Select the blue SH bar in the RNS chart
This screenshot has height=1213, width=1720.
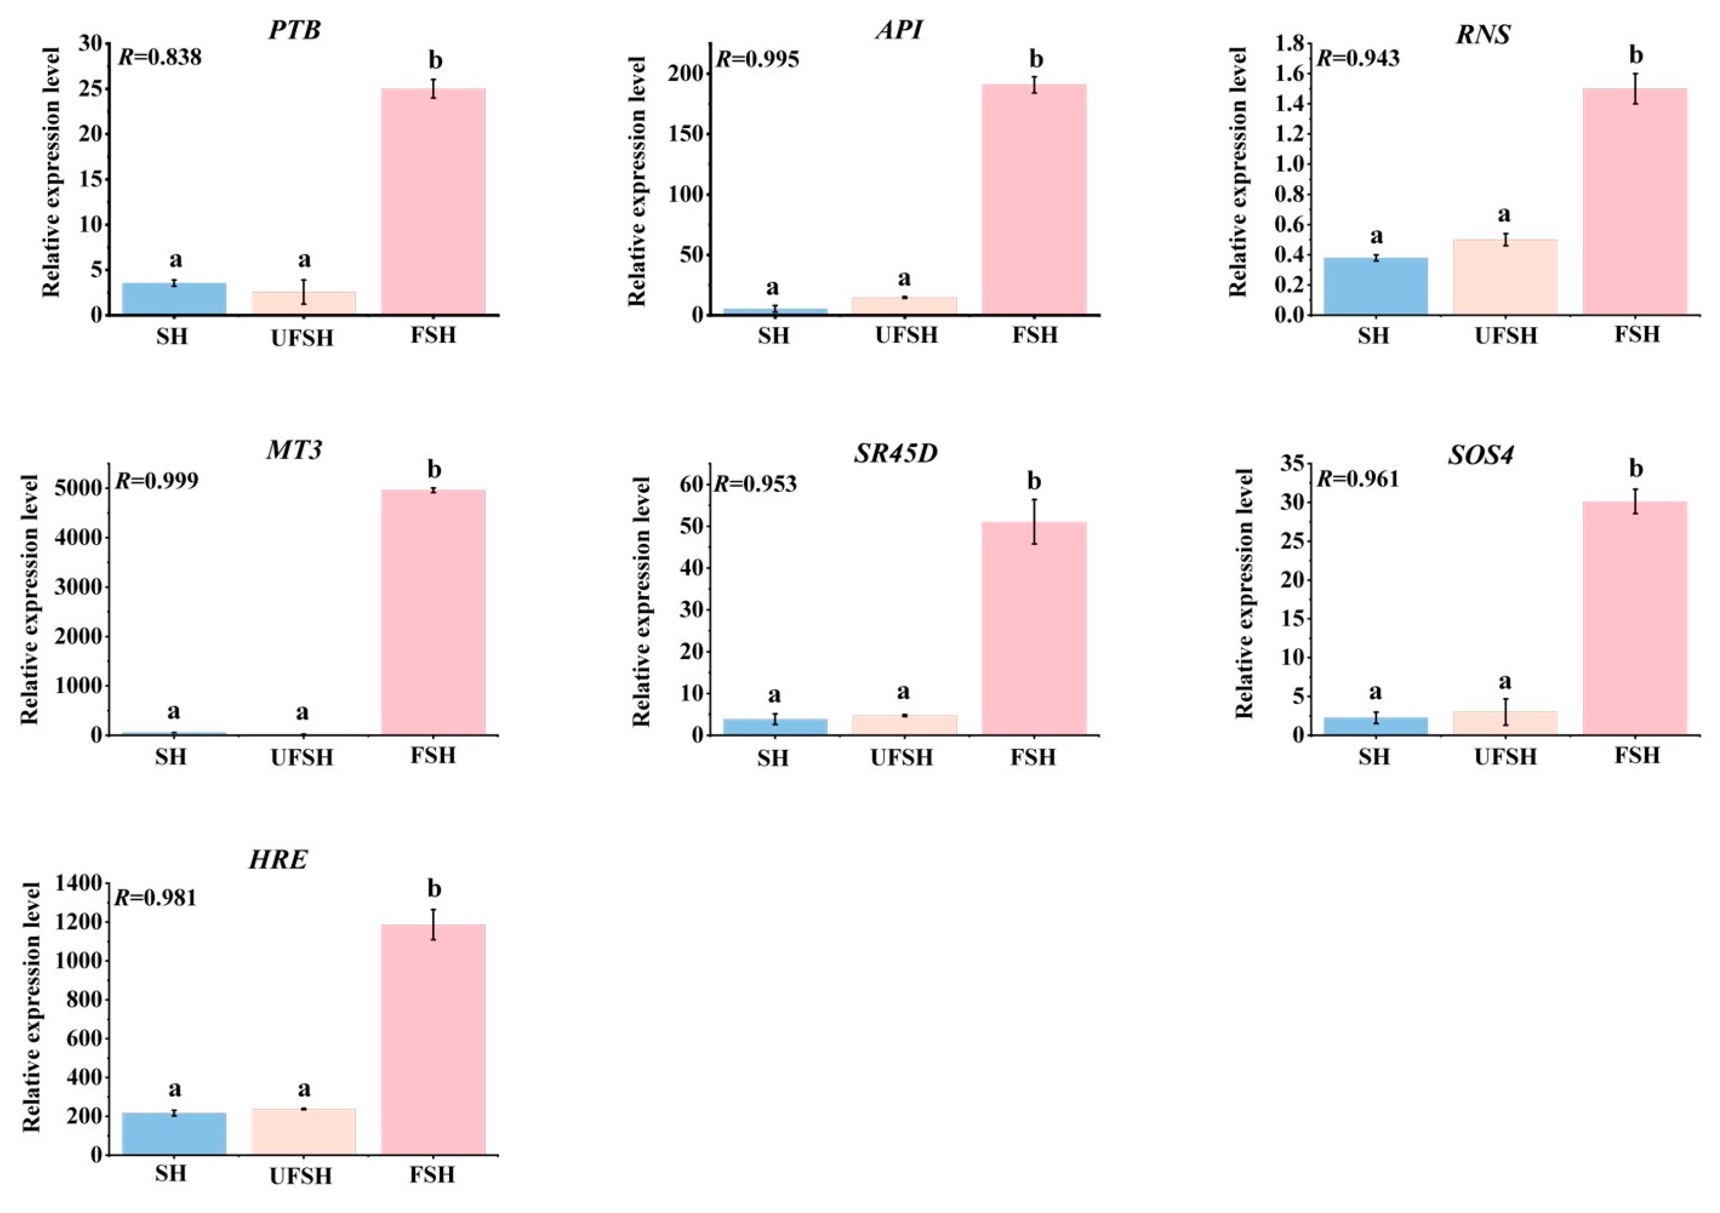(x=1376, y=286)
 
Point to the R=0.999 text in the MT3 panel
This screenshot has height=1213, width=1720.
(x=156, y=480)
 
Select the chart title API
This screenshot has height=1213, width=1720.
(x=899, y=30)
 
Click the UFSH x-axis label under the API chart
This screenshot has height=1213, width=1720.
(x=906, y=335)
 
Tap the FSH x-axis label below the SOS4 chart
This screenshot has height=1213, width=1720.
(x=1637, y=755)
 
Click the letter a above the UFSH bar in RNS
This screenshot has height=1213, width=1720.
(x=1504, y=215)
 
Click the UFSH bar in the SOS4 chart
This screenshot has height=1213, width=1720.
(x=1505, y=722)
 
